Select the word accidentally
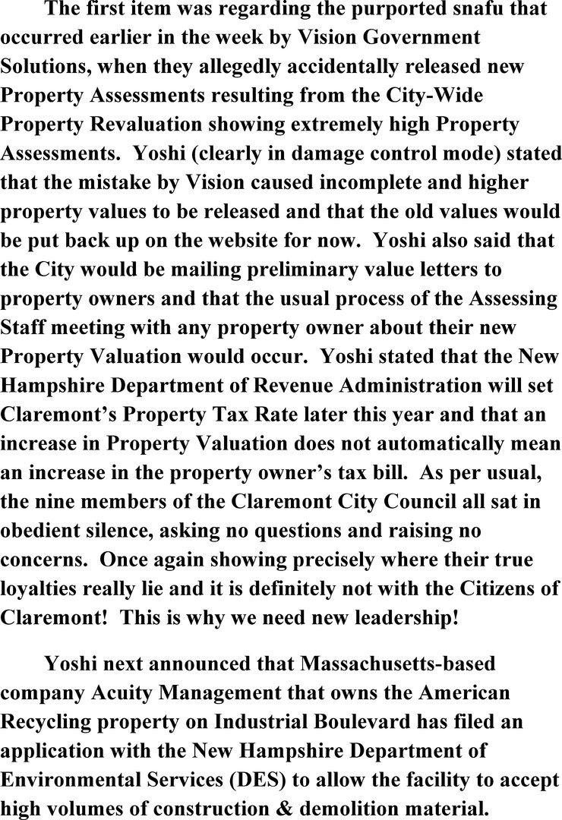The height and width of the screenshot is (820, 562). click(x=327, y=66)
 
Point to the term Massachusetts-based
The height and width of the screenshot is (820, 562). click(x=398, y=663)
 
